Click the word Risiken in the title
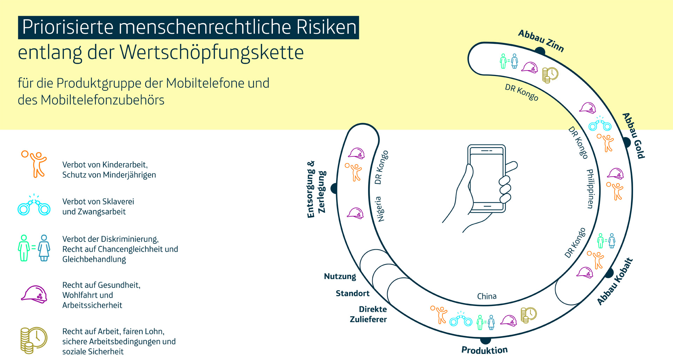coord(326,27)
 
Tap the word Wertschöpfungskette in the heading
coord(212,53)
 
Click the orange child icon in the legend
coord(34,164)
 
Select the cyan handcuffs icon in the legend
coord(34,206)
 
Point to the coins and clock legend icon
coord(33,340)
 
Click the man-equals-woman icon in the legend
coord(34,248)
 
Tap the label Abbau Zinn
coord(541,41)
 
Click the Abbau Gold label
coord(634,135)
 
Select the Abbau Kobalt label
coord(615,281)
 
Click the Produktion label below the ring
coord(484,350)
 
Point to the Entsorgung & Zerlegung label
coord(316,190)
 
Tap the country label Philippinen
coord(591,189)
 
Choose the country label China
coord(487,297)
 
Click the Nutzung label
coord(340,277)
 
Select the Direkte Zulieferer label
coord(369,314)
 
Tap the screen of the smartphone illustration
coord(487,178)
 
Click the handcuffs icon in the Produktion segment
coord(461,319)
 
